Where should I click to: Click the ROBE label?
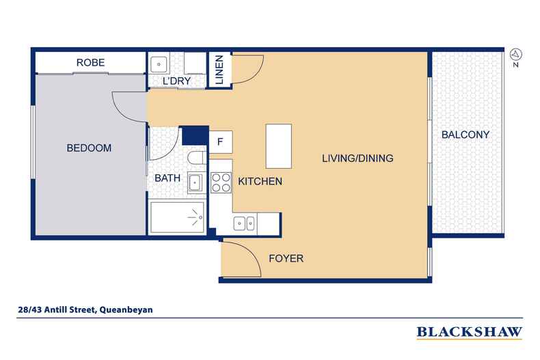click(90, 63)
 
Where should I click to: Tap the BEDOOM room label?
click(89, 148)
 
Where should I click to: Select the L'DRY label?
click(176, 82)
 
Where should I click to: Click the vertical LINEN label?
click(219, 70)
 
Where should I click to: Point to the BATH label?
click(167, 178)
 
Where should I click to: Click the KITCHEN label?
click(260, 182)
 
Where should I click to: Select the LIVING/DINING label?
click(357, 158)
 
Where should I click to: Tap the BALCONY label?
click(465, 135)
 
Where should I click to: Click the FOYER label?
click(286, 259)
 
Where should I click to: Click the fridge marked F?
click(220, 141)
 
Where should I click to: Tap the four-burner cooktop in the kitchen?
click(221, 182)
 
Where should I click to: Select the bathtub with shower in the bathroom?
click(178, 217)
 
